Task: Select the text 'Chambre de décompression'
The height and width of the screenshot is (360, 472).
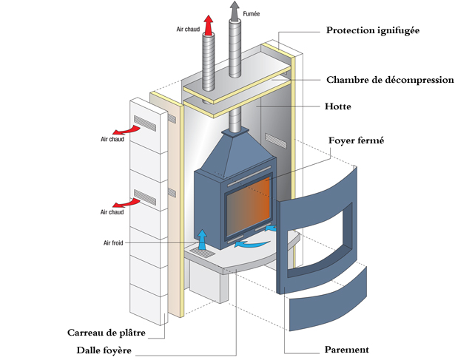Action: tap(390, 80)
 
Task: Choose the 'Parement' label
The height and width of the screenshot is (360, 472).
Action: tap(346, 349)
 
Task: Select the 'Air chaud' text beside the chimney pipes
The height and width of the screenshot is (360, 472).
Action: tap(189, 30)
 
